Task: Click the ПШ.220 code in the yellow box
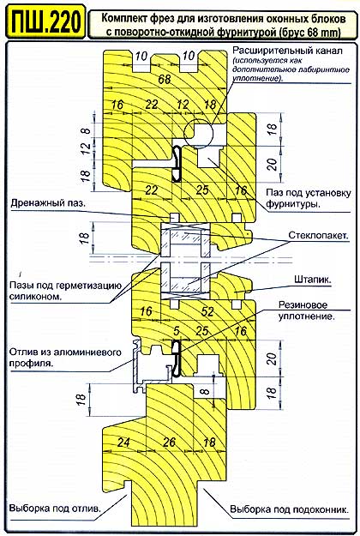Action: click(x=45, y=21)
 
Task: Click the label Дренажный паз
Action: click(x=48, y=203)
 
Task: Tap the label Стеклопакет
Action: click(x=318, y=236)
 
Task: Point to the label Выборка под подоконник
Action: click(x=290, y=509)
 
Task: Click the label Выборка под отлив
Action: click(x=56, y=509)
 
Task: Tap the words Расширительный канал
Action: click(x=287, y=51)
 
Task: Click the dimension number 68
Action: click(x=165, y=79)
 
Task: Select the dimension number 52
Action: click(x=207, y=311)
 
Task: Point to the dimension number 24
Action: click(x=123, y=443)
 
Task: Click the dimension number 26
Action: click(x=169, y=443)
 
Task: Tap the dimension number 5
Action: click(x=177, y=330)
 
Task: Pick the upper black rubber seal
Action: click(x=177, y=164)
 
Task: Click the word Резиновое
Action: click(x=303, y=304)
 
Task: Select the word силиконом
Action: click(x=35, y=297)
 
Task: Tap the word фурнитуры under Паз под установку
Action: click(x=293, y=204)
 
